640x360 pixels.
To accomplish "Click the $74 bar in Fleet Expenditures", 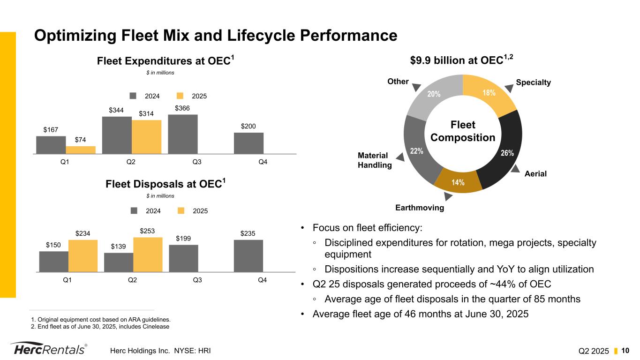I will (81, 150).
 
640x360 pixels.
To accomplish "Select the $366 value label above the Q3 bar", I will (182, 108).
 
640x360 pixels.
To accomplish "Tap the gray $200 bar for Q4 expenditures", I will (248, 143).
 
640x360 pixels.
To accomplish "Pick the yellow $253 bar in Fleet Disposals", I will (148, 255).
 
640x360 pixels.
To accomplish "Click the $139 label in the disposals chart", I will (119, 247).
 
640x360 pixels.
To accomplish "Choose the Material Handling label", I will (374, 160).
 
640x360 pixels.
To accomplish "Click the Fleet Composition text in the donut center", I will (463, 131).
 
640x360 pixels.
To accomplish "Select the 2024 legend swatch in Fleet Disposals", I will (134, 211).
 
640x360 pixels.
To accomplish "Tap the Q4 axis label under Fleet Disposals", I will (262, 280).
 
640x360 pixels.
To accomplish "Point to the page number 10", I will (625, 350).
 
